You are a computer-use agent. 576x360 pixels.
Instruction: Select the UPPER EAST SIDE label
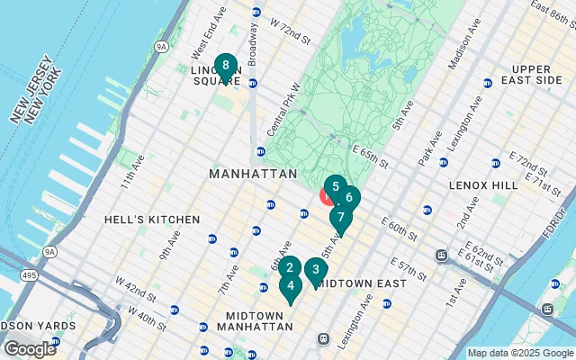click(537, 75)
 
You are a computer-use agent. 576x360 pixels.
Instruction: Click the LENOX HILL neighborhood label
click(483, 184)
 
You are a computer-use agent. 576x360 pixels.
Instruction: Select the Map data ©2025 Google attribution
click(520, 353)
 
